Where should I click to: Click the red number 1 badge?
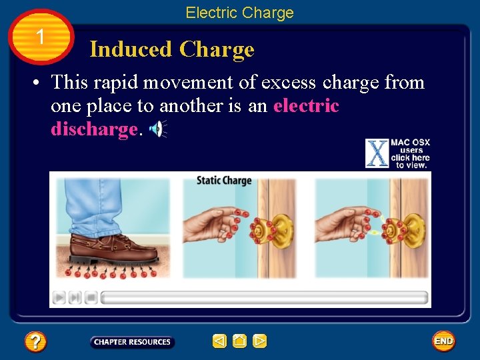(x=41, y=37)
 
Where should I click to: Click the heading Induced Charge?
(x=172, y=49)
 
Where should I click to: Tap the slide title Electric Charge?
(x=239, y=13)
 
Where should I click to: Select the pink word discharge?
(x=93, y=129)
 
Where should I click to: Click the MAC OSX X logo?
(x=377, y=153)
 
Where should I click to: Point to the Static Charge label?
(x=223, y=180)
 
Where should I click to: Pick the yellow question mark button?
(x=35, y=342)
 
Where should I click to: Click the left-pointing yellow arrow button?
(x=219, y=341)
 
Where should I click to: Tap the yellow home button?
(x=240, y=341)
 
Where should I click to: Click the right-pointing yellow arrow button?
(x=260, y=341)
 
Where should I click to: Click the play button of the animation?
(x=59, y=297)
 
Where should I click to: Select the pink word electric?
(x=306, y=106)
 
